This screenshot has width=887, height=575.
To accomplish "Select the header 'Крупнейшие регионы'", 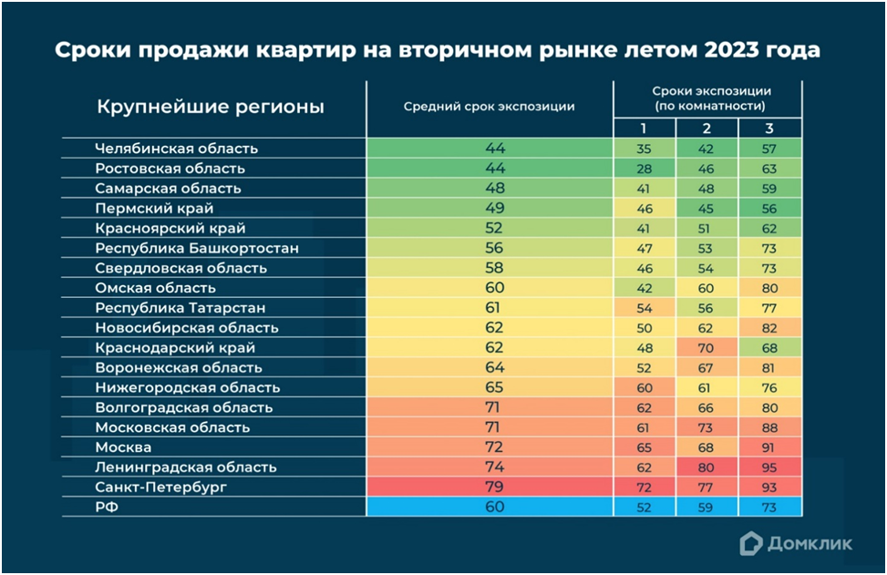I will click(211, 107).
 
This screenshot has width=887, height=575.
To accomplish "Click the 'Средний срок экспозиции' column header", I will click(489, 107).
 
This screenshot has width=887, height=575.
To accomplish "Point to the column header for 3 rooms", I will click(769, 128).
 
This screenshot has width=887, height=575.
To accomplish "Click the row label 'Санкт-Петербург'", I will click(160, 488).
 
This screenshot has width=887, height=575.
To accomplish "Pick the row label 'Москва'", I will click(123, 447).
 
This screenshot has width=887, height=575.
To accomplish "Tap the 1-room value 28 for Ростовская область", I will click(645, 169).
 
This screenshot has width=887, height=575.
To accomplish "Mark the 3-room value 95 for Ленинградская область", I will click(769, 467).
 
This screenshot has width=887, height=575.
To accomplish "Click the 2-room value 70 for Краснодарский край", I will click(707, 348).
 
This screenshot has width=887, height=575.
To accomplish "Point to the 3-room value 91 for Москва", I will click(769, 447).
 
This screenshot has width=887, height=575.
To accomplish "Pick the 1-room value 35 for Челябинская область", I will click(645, 149).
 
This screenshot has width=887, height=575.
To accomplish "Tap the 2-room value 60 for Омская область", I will click(707, 288).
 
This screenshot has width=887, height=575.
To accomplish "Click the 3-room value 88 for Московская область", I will click(769, 427).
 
